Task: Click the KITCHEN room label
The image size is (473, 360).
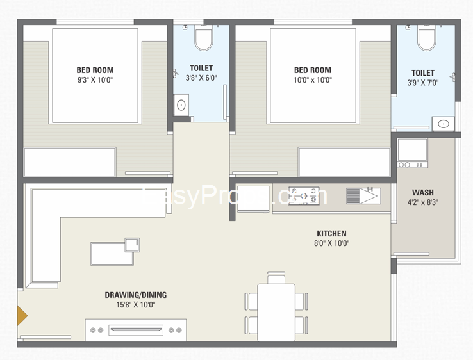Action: click(x=331, y=234)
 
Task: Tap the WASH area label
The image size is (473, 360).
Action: click(x=422, y=192)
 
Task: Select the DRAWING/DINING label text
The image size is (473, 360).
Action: click(x=135, y=295)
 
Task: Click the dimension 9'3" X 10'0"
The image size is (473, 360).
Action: click(x=95, y=80)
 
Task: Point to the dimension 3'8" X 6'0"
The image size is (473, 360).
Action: click(x=201, y=78)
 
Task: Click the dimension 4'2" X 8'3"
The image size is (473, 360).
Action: click(x=422, y=202)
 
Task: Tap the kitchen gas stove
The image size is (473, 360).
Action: click(x=303, y=195)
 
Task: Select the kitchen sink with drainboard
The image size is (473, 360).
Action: click(x=363, y=195)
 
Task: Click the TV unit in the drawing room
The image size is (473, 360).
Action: click(x=136, y=330)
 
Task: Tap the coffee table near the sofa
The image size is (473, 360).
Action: click(x=112, y=254)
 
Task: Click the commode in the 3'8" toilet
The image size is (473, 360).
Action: click(x=204, y=39)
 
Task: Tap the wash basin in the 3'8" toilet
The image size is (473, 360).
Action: click(x=182, y=104)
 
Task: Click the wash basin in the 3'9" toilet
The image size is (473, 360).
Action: click(x=442, y=124)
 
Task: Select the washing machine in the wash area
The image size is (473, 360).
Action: click(x=412, y=152)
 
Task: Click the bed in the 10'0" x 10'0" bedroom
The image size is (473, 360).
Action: click(x=312, y=76)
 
